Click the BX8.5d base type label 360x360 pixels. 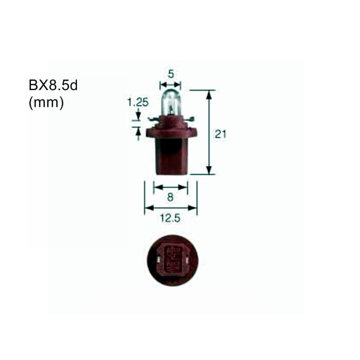coord(53,85)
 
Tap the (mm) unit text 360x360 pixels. coord(46,103)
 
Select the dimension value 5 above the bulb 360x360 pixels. coord(171,74)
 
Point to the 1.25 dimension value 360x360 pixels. coord(138,102)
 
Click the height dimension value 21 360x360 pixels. coord(220,134)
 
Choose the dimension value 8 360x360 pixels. coord(171,197)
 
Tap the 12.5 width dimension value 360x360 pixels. coord(170,218)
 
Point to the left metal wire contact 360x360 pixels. coord(153,119)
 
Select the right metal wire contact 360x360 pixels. coord(189,119)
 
